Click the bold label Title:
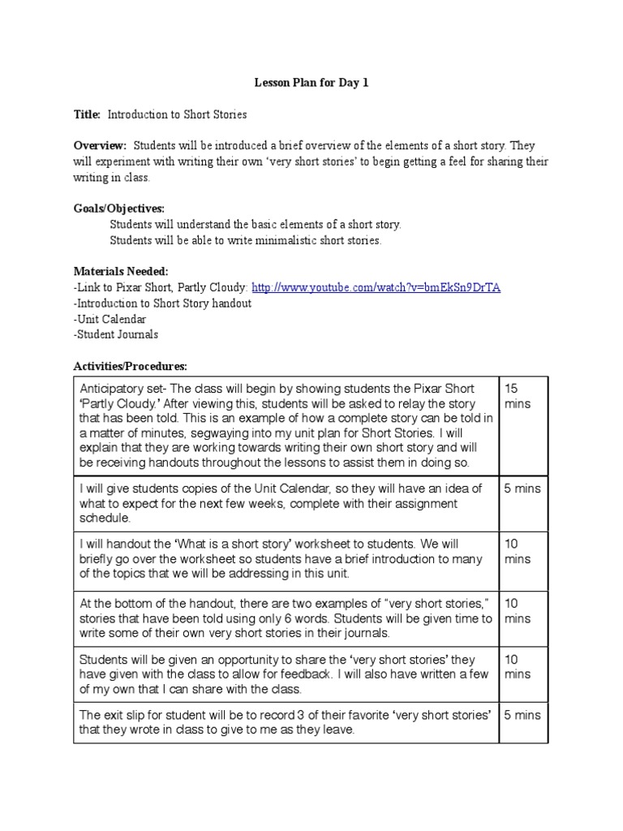[87, 115]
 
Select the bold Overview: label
[101, 146]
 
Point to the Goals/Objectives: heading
[118, 209]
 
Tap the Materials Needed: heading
[121, 271]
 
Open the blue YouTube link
[376, 287]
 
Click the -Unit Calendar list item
[110, 319]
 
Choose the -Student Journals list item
[116, 334]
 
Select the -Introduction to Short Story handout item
[162, 303]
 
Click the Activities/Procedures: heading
[130, 366]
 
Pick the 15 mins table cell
[517, 395]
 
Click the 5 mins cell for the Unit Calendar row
[522, 489]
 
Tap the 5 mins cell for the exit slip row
[522, 715]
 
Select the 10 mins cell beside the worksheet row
[517, 551]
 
